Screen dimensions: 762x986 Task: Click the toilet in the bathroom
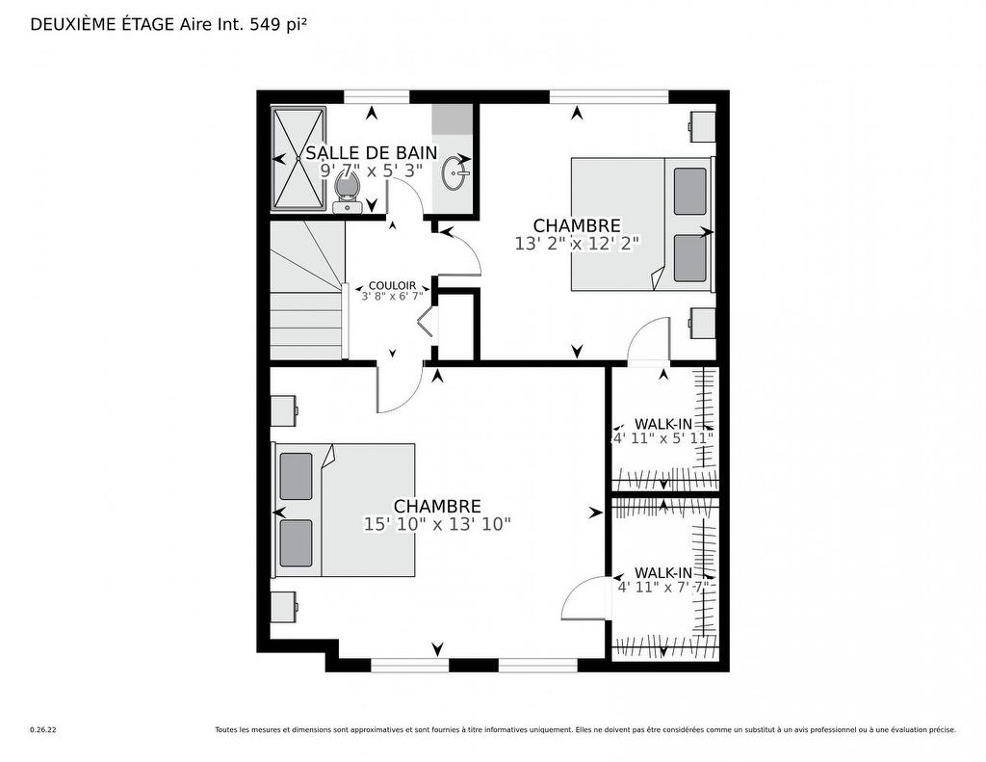346,190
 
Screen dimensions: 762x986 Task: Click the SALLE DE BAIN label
371,152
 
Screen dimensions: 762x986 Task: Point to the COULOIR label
392,286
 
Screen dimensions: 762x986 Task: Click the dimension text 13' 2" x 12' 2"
577,244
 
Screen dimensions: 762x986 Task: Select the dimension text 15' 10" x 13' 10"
436,524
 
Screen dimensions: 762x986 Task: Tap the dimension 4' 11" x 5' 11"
663,437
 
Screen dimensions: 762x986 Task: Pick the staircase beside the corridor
305,291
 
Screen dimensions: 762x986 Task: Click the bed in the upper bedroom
640,223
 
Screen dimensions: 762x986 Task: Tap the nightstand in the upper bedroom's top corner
703,124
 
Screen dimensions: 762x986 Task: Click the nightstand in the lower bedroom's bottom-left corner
283,608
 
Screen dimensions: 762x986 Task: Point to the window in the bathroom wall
376,95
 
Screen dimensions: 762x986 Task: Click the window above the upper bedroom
609,95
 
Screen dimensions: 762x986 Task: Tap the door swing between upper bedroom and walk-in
649,342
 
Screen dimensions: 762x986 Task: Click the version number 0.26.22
42,730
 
